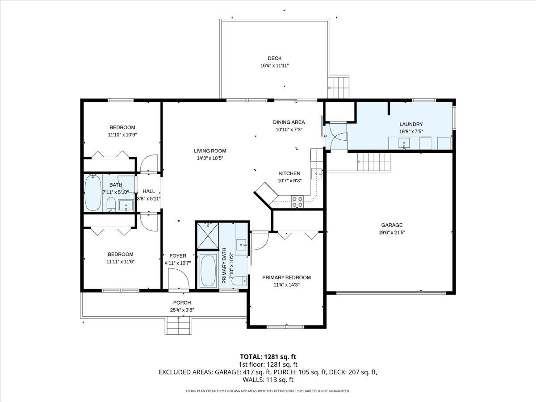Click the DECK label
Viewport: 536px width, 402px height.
click(274, 58)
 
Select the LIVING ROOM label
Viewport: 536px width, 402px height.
click(209, 151)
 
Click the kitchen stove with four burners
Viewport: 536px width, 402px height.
click(297, 202)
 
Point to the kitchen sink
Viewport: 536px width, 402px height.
click(317, 173)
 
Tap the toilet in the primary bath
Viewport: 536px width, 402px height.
click(239, 281)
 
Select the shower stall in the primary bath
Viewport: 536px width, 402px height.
click(208, 236)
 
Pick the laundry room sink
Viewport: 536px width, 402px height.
click(404, 143)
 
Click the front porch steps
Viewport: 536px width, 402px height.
click(178, 325)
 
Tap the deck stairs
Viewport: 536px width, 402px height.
click(338, 87)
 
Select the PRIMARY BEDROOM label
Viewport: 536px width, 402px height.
click(286, 277)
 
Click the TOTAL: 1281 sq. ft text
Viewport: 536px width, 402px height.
click(268, 356)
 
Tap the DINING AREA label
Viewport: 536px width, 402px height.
click(289, 122)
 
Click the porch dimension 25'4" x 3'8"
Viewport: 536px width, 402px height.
click(182, 310)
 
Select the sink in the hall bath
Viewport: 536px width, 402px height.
click(126, 207)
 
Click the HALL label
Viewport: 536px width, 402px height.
click(149, 191)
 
